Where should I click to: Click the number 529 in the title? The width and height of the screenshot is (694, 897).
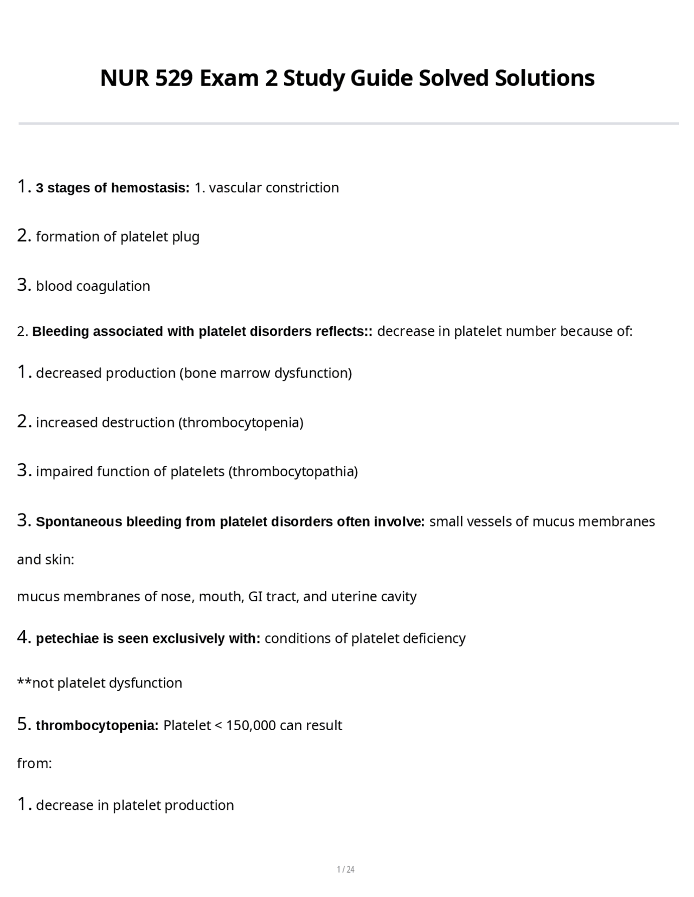pyautogui.click(x=174, y=79)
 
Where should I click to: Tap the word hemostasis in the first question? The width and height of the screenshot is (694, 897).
pyautogui.click(x=150, y=188)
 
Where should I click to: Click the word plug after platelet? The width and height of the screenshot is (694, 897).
pyautogui.click(x=186, y=237)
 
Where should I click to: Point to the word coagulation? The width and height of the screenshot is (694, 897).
pyautogui.click(x=113, y=286)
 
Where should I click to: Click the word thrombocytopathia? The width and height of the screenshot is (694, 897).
pyautogui.click(x=293, y=472)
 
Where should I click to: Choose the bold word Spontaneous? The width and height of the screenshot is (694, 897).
pyautogui.click(x=79, y=522)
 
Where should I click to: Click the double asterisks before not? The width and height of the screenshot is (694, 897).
pyautogui.click(x=24, y=682)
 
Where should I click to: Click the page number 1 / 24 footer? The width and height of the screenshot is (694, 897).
pyautogui.click(x=346, y=869)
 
